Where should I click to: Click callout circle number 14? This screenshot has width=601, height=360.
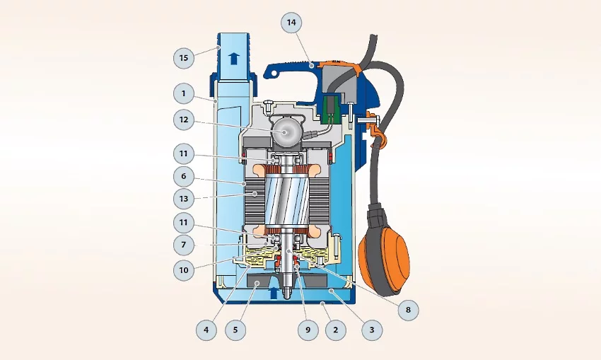[291, 23]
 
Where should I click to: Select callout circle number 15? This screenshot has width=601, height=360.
[184, 58]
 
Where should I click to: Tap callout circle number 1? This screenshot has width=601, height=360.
[184, 93]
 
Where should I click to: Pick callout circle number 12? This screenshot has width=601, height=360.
[184, 120]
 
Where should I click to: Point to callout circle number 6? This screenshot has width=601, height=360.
[184, 176]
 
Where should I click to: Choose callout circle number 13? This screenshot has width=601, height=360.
[184, 199]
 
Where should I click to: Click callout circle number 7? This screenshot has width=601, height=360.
[184, 245]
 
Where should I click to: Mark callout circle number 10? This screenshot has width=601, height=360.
[184, 270]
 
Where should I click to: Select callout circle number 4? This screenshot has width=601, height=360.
[206, 330]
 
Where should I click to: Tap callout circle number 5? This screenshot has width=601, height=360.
[235, 330]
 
